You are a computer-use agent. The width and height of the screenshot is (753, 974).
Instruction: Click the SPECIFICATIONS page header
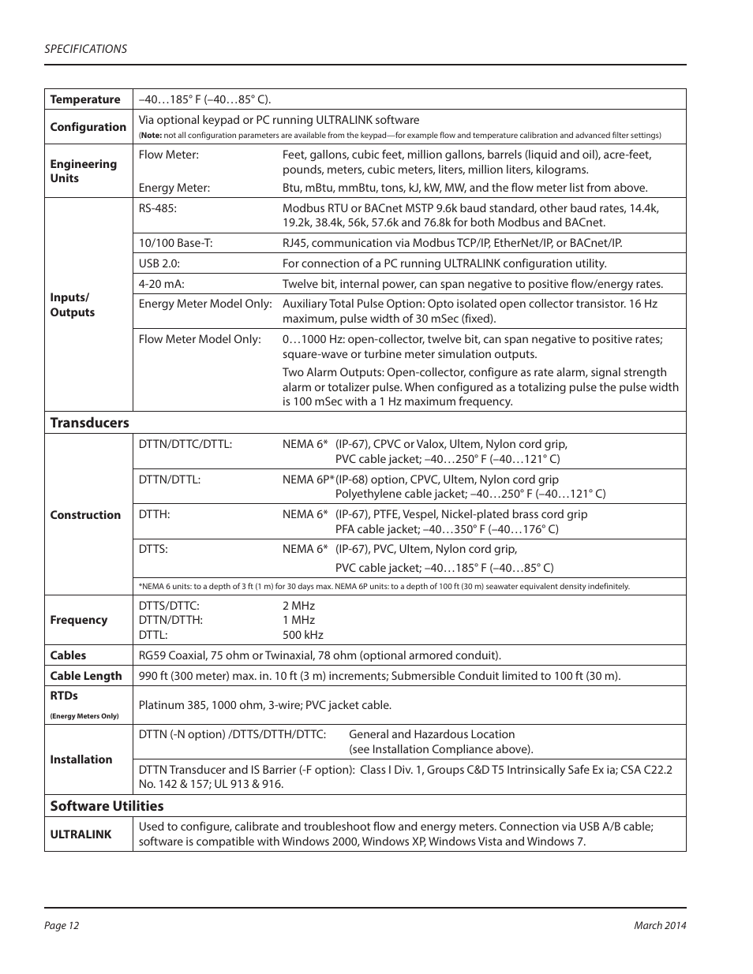coord(85,49)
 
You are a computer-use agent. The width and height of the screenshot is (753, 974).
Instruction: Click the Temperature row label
coord(85,99)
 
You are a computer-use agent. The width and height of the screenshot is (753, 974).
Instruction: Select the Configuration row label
coord(88,127)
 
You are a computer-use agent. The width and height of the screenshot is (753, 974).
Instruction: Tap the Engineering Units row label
coord(83,171)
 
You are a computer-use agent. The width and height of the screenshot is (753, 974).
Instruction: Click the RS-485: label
coord(158,208)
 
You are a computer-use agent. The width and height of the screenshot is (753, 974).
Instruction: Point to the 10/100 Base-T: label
coord(175,243)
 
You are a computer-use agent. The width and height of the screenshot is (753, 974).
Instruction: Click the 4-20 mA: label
coord(161,284)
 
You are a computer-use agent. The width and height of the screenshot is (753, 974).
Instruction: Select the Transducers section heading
coord(89,423)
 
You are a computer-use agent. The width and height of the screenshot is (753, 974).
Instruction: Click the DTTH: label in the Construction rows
coord(154,514)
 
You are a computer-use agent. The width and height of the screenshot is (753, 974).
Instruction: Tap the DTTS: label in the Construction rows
coord(153,549)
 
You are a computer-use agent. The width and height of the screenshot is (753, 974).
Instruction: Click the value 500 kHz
coord(303,635)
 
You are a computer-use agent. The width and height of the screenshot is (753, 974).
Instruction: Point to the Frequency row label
coord(78,620)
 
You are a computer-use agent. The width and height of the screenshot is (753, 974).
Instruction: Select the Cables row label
coord(68,655)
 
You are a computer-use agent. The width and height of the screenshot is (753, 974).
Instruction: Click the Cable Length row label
coord(85,676)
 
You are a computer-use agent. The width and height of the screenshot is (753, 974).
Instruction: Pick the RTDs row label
coord(64,696)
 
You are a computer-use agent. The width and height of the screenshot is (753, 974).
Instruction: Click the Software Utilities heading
coord(107,806)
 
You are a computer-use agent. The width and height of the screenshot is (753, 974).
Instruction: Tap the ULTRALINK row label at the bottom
coord(81,834)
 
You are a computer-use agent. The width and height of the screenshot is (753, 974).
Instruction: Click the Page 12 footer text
coord(62,926)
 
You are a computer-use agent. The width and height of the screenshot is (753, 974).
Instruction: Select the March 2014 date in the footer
coord(660,926)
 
